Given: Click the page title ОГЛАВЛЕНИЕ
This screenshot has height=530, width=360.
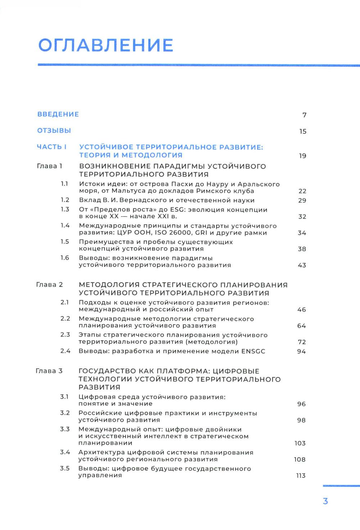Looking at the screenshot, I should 106,46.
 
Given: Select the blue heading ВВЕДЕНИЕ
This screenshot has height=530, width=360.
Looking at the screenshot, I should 58,114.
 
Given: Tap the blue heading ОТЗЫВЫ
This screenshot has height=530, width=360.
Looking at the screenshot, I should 54,131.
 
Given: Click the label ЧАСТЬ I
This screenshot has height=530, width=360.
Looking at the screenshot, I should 52,147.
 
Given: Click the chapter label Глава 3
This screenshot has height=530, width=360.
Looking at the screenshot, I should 49,371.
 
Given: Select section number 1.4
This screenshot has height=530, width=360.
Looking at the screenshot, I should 65,226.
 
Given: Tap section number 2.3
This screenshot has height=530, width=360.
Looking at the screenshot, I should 65,335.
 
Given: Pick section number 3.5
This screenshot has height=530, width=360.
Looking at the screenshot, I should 65,468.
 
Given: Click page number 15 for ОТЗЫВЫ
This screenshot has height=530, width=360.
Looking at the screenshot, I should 303,131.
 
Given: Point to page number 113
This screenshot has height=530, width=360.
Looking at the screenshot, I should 301,476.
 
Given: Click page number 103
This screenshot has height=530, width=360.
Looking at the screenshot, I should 300,443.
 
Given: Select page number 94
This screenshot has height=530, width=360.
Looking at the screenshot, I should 301,351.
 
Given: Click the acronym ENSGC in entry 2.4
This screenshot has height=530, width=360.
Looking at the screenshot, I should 252,351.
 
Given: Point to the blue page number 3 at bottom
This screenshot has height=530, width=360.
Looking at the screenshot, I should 325,501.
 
